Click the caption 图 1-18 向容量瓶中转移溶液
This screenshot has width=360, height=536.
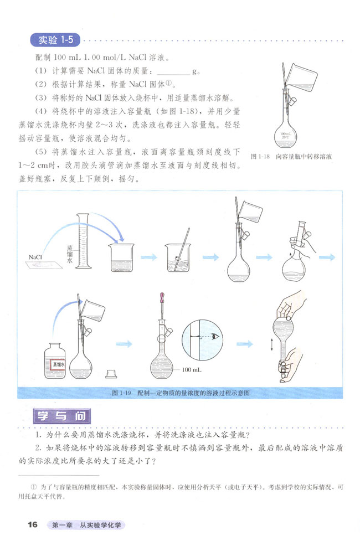[291, 156]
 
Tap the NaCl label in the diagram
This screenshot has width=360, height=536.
[37, 256]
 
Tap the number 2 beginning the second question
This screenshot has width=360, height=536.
[37, 448]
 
